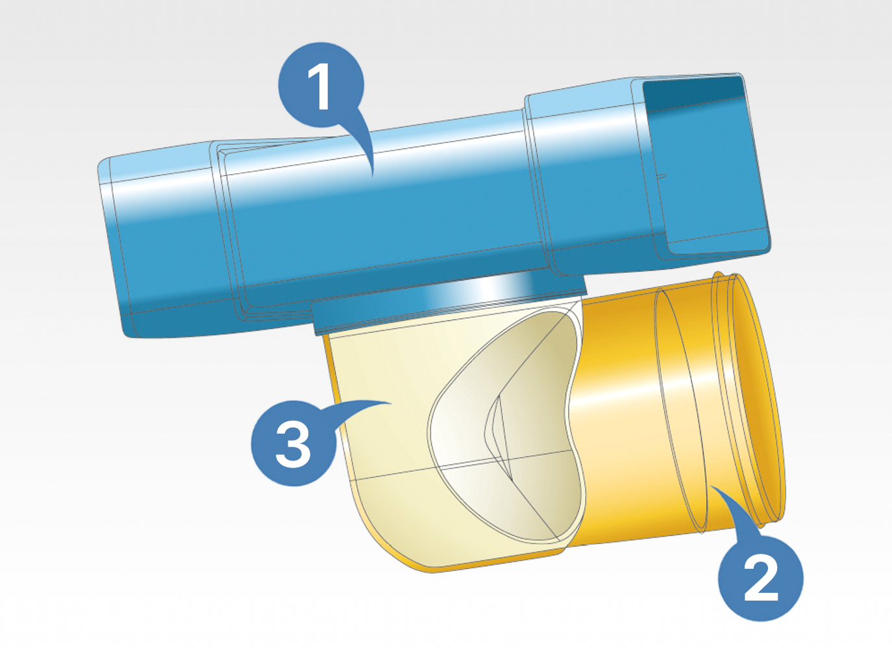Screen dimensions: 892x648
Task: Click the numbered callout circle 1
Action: [x=321, y=85]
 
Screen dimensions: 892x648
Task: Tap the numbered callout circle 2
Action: [x=761, y=578]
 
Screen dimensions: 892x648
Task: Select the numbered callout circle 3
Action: [x=293, y=443]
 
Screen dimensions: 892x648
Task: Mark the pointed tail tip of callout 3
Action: [x=392, y=404]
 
